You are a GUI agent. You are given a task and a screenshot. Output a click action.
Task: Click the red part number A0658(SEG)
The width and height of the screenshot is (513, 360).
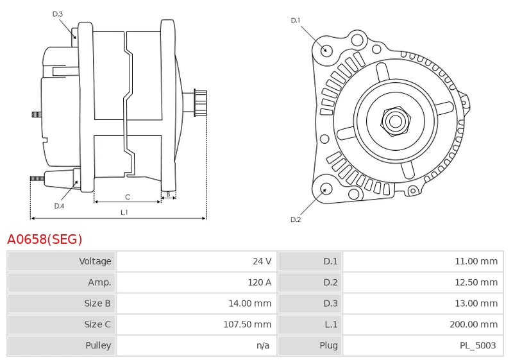pos(45,239)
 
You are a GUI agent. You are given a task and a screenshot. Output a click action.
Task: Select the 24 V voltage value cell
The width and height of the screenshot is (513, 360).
pos(262,261)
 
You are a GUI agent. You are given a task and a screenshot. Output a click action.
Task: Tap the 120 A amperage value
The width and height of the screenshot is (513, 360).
pos(260,282)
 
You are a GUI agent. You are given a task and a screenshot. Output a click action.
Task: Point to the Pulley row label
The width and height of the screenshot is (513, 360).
pos(98,345)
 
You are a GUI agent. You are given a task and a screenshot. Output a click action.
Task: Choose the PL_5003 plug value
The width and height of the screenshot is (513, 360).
pos(478,345)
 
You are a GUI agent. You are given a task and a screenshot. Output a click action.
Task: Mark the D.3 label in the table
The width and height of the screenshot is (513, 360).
pos(330,303)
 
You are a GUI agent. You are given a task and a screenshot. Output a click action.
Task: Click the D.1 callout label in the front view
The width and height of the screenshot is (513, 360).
pos(296,21)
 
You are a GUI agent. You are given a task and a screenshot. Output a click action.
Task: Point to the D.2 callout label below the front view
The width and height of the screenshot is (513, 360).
pos(296,220)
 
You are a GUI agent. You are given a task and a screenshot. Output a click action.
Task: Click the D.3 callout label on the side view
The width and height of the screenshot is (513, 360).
pos(58,13)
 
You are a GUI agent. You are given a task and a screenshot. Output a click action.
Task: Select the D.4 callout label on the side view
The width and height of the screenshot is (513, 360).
pos(59,206)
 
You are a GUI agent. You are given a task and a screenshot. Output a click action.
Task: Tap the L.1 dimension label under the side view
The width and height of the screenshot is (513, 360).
pos(124,212)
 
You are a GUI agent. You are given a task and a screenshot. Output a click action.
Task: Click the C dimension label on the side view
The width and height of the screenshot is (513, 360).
pos(128,196)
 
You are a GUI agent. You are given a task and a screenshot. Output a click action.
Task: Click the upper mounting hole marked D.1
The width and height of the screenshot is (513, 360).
pos(326,49)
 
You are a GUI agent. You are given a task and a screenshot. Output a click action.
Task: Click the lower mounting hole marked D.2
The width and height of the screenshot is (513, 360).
pos(325,189)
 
